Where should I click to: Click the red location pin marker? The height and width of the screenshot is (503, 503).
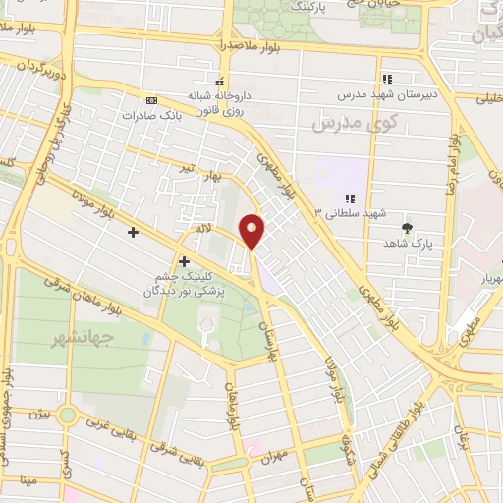[x=253, y=231]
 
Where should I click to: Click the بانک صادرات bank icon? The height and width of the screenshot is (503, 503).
[x=150, y=100]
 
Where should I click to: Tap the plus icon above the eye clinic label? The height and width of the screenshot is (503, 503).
[x=184, y=260]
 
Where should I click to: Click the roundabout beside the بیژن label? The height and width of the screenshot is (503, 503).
[x=67, y=415]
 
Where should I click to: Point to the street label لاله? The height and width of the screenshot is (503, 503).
[x=204, y=228]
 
